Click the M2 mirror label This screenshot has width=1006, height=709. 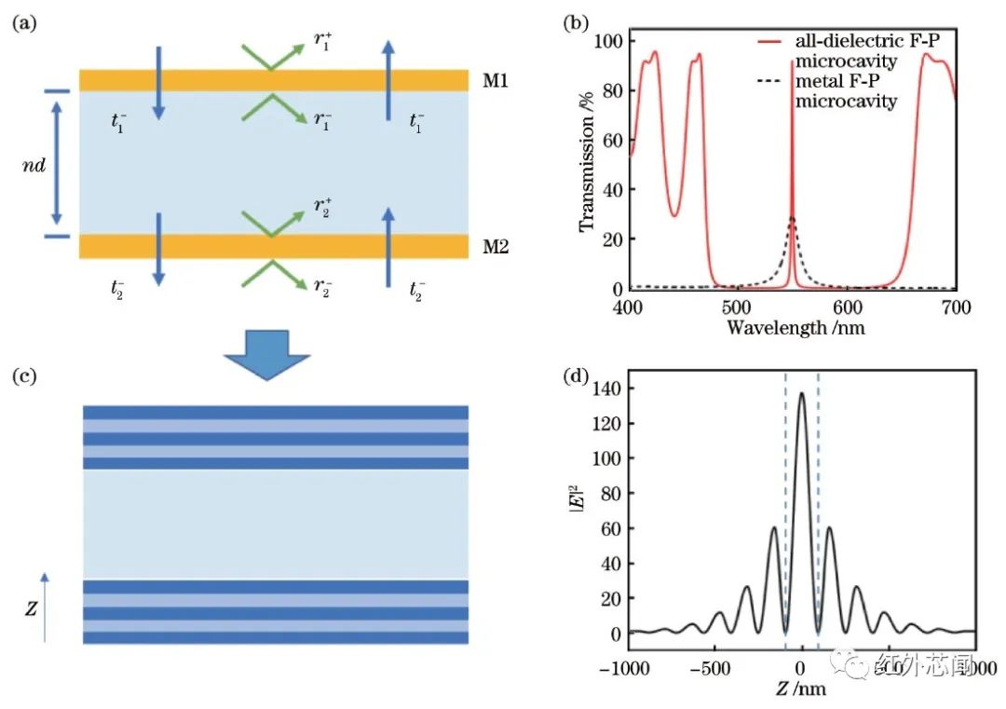pos(496,248)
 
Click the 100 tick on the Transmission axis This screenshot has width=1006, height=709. pos(609,42)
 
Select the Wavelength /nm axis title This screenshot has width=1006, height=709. pos(790,328)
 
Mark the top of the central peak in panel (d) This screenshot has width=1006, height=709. pos(802,393)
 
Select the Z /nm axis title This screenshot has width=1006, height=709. pos(801,690)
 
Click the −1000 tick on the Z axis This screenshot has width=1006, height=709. pos(630,670)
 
